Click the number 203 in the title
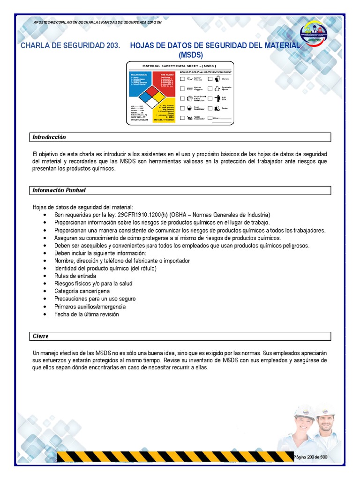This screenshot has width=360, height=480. (111, 45)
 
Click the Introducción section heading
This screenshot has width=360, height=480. (49, 137)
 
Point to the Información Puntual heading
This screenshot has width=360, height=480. (59, 190)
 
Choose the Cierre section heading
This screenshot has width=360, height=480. (41, 337)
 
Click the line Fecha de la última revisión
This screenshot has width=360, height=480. (87, 314)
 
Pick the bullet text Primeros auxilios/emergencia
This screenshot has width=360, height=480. (90, 307)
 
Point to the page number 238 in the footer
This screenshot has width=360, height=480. (310, 457)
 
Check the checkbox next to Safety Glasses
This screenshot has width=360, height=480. (182, 79)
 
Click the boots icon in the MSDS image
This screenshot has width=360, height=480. (217, 108)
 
